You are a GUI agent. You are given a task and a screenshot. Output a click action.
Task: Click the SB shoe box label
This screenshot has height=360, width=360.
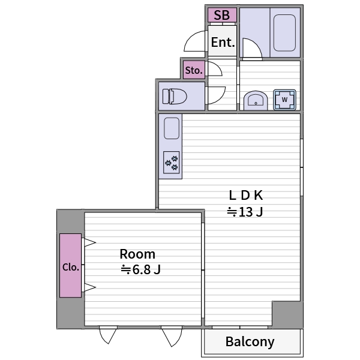[221, 15]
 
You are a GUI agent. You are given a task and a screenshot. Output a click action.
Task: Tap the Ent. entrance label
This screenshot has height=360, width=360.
[223, 42]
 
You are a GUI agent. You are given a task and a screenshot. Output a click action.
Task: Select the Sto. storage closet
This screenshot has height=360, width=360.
[194, 70]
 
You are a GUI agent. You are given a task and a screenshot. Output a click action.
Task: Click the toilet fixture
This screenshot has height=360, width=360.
[175, 97]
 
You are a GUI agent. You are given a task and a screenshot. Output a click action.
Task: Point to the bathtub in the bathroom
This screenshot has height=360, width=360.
[284, 33]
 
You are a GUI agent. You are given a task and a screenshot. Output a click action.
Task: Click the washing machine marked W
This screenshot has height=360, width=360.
[284, 100]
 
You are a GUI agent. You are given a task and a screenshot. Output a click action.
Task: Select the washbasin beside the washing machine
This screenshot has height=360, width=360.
[256, 101]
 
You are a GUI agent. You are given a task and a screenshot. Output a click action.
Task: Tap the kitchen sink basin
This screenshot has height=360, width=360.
[172, 128]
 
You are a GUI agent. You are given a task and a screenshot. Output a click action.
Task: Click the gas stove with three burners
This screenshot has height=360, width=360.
[171, 163]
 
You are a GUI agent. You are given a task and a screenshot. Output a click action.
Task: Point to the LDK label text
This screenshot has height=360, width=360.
[245, 196]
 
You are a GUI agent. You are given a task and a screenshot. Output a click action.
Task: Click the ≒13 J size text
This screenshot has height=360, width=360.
[245, 212]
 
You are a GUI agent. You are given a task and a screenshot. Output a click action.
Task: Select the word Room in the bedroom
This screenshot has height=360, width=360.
[137, 254]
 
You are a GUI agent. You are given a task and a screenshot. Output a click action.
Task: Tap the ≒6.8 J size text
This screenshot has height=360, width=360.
[140, 269]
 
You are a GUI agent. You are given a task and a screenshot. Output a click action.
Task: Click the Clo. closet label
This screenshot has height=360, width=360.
[71, 267]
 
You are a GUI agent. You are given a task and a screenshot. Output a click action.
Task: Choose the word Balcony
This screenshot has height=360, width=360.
[250, 342]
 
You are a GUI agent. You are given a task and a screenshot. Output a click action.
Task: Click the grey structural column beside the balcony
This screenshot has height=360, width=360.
[287, 314]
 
